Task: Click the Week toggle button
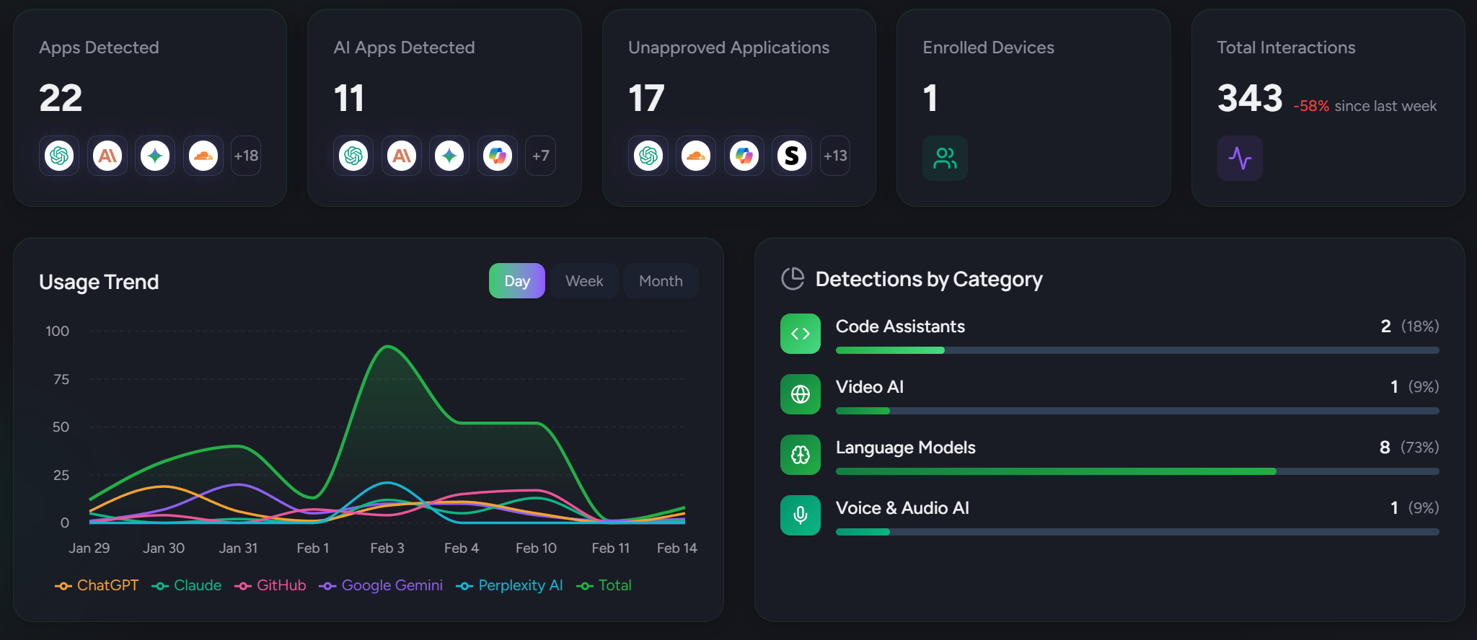[584, 281]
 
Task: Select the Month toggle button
[661, 281]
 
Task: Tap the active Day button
[517, 281]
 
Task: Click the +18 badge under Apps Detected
[246, 156]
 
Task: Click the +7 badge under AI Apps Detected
[541, 156]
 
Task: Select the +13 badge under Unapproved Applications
[835, 156]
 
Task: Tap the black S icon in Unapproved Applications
[792, 156]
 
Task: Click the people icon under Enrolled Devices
[945, 158]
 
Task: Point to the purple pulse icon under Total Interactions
[1240, 158]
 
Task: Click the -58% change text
[1311, 106]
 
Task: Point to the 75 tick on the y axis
[61, 379]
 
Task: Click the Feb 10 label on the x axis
[536, 548]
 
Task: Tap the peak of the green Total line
[388, 347]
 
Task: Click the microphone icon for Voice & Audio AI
[801, 515]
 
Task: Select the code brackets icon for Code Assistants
[801, 334]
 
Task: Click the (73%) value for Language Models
[1419, 448]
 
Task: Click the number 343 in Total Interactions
[1250, 98]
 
